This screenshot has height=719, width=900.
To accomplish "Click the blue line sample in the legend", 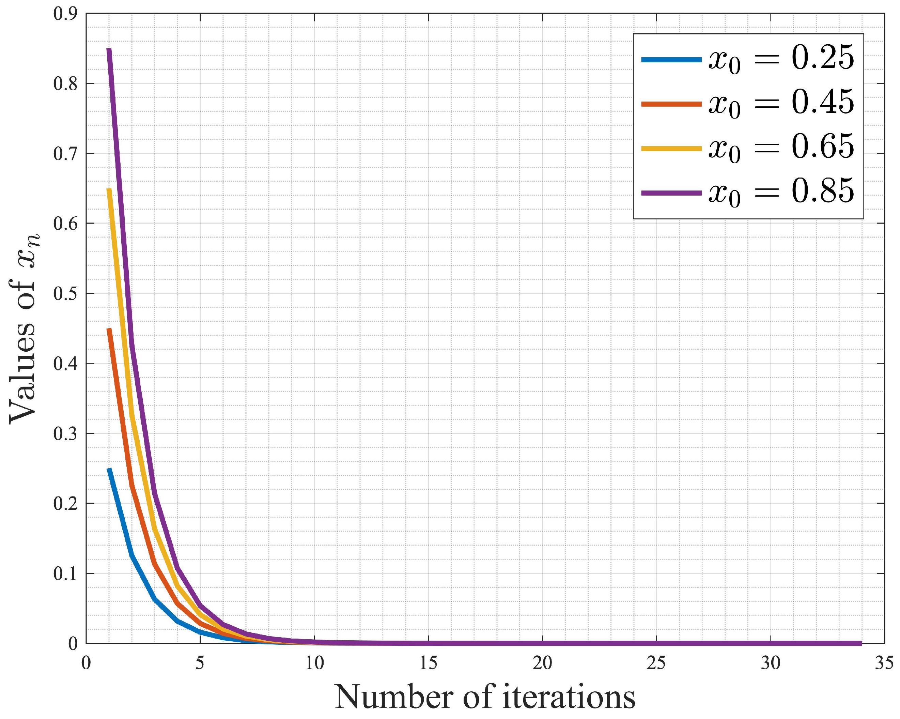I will pos(671,60).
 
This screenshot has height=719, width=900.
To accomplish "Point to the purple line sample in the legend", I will pos(671,193).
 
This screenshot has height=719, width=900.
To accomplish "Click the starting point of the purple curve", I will pos(109,49).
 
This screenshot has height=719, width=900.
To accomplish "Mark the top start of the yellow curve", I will pos(109,189).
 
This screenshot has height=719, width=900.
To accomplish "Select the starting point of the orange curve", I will pos(109,329).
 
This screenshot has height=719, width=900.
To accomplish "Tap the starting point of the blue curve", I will pos(109,469).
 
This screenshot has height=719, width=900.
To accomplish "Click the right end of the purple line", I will pos(861,643).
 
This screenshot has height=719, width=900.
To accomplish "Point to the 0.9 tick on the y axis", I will pos(65,13).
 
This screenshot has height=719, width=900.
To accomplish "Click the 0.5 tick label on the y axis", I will pos(65,293).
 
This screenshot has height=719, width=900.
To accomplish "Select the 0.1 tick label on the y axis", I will pos(65,574).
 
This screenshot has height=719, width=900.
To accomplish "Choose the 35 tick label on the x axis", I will pos(884,663).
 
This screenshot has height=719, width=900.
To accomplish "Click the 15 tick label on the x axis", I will pos(428,663).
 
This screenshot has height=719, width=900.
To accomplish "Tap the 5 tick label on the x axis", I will pos(200,663).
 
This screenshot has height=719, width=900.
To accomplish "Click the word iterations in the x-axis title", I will pos(569,697).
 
